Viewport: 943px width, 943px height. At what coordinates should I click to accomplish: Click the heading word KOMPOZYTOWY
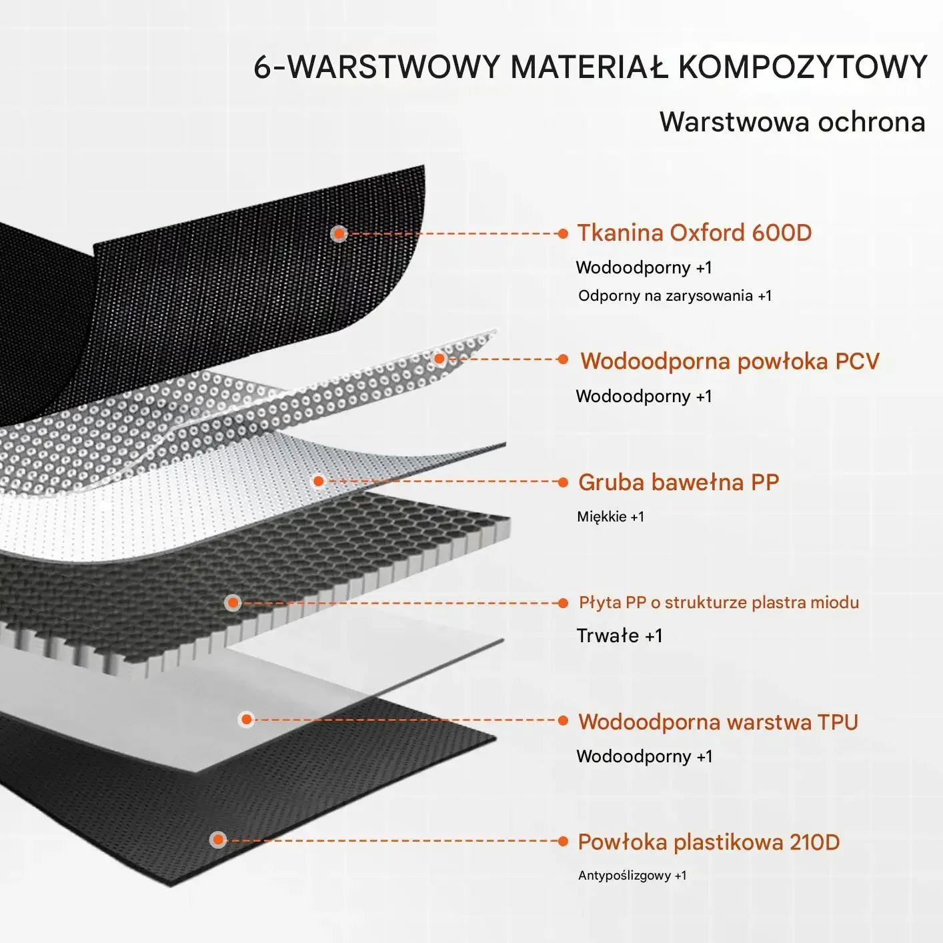pyautogui.click(x=802, y=67)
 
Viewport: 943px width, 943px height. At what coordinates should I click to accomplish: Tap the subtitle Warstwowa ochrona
pyautogui.click(x=792, y=122)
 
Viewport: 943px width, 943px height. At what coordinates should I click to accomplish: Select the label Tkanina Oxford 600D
pyautogui.click(x=694, y=233)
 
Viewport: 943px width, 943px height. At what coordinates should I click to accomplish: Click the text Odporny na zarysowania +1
pyautogui.click(x=674, y=295)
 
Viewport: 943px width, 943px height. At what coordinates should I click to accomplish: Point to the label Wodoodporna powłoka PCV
pyautogui.click(x=730, y=361)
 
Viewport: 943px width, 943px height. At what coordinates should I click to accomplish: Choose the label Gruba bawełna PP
pyautogui.click(x=678, y=482)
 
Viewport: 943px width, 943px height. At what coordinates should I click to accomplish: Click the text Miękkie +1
pyautogui.click(x=610, y=517)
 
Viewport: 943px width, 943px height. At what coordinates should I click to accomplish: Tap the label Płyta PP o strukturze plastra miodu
pyautogui.click(x=718, y=603)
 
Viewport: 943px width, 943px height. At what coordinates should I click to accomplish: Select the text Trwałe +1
pyautogui.click(x=620, y=636)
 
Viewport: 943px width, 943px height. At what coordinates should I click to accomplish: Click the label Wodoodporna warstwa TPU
pyautogui.click(x=718, y=722)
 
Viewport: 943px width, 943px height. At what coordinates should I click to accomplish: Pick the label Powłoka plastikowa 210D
pyautogui.click(x=708, y=842)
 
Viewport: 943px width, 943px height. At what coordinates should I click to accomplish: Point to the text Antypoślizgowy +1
pyautogui.click(x=632, y=876)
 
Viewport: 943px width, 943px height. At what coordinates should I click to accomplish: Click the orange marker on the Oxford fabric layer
pyautogui.click(x=339, y=233)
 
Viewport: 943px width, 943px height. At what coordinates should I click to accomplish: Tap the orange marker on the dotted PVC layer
pyautogui.click(x=439, y=359)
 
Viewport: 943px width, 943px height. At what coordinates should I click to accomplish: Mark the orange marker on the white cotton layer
pyautogui.click(x=319, y=481)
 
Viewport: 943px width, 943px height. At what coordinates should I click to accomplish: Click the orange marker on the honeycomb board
pyautogui.click(x=233, y=603)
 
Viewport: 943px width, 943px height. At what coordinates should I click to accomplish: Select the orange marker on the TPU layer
pyautogui.click(x=247, y=719)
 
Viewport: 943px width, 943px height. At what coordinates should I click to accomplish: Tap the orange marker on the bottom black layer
pyautogui.click(x=218, y=840)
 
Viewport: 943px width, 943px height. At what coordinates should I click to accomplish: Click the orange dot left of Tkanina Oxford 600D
pyautogui.click(x=563, y=233)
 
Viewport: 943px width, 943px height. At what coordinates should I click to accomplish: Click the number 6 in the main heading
pyautogui.click(x=262, y=67)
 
